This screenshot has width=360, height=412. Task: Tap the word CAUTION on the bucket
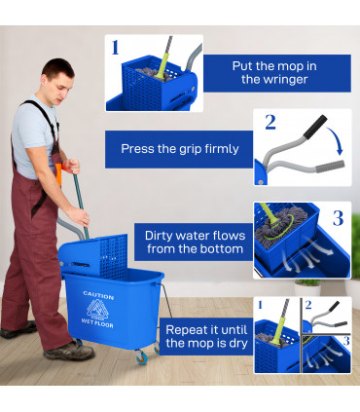[x=98, y=295]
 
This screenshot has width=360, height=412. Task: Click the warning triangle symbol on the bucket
[x=98, y=313]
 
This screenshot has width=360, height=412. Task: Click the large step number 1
[x=116, y=46]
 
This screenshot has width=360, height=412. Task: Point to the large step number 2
[x=270, y=123]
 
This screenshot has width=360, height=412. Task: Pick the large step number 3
[x=339, y=217]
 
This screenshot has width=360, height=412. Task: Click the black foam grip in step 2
[x=313, y=127]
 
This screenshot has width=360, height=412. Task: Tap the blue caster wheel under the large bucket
[x=141, y=359]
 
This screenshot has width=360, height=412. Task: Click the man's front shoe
[x=70, y=350]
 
